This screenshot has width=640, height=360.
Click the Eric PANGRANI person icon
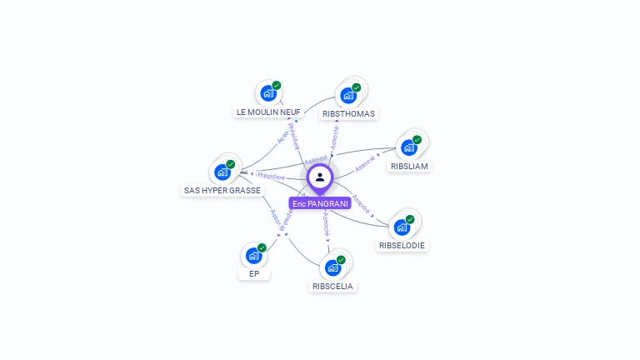click(320, 177)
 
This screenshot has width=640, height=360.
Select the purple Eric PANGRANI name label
click(320, 203)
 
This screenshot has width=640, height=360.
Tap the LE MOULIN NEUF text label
click(268, 112)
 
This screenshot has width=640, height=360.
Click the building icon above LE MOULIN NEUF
click(267, 93)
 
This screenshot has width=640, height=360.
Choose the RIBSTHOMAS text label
click(348, 113)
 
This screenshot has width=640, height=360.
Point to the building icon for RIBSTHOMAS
click(347, 95)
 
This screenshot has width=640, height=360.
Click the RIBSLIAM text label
click(409, 167)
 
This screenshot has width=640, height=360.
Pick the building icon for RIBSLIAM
click(408, 147)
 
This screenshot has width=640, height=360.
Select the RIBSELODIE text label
click(402, 246)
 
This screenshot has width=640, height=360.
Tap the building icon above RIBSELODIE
click(402, 227)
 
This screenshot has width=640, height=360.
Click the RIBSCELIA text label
click(332, 286)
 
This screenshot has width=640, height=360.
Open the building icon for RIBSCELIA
click(332, 267)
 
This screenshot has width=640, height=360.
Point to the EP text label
click(254, 273)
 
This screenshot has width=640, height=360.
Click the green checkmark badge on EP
click(262, 247)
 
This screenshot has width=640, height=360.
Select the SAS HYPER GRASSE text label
click(222, 190)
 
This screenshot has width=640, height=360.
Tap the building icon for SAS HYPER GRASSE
click(222, 172)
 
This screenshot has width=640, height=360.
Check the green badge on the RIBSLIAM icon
click(417, 140)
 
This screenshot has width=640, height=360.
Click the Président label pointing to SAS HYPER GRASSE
click(272, 177)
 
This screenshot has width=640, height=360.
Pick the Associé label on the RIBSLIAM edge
click(365, 163)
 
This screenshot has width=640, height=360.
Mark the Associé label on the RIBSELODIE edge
click(360, 202)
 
